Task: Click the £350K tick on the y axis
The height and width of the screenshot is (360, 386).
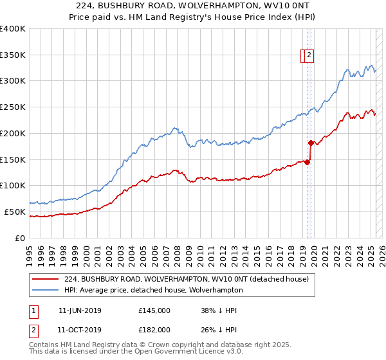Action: click(x=13, y=55)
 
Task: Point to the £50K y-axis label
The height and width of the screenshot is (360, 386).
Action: click(x=15, y=212)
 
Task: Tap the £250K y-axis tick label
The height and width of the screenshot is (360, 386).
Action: click(x=13, y=107)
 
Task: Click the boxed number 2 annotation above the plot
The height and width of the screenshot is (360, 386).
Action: click(x=309, y=56)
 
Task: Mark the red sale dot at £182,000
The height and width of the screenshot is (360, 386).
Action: click(x=311, y=143)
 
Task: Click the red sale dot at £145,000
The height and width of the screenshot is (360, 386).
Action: click(x=308, y=162)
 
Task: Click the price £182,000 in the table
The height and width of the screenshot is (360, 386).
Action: click(x=154, y=330)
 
